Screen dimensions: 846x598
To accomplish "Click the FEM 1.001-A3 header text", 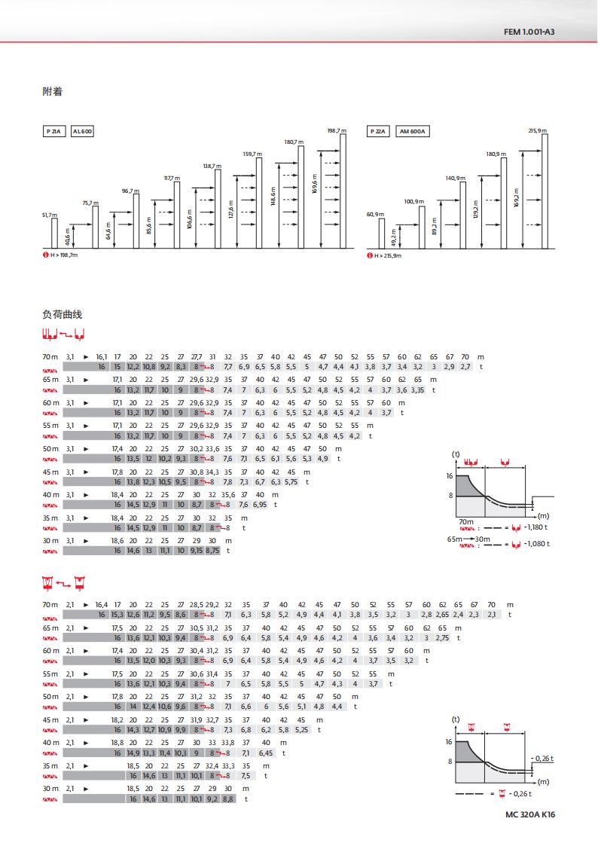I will point(529,32).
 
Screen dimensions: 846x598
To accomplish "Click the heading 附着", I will point(52,92).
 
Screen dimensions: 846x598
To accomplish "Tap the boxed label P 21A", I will point(53,131).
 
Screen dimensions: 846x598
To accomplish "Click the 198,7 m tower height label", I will point(337,130).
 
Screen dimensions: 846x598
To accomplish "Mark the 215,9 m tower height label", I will point(538,130).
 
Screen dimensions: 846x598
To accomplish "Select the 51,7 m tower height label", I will point(48,215).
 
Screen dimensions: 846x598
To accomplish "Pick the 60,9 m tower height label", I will point(375,215).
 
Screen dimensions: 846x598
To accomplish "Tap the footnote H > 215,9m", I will point(388,256).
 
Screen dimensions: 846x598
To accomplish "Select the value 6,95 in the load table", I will point(260,504).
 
